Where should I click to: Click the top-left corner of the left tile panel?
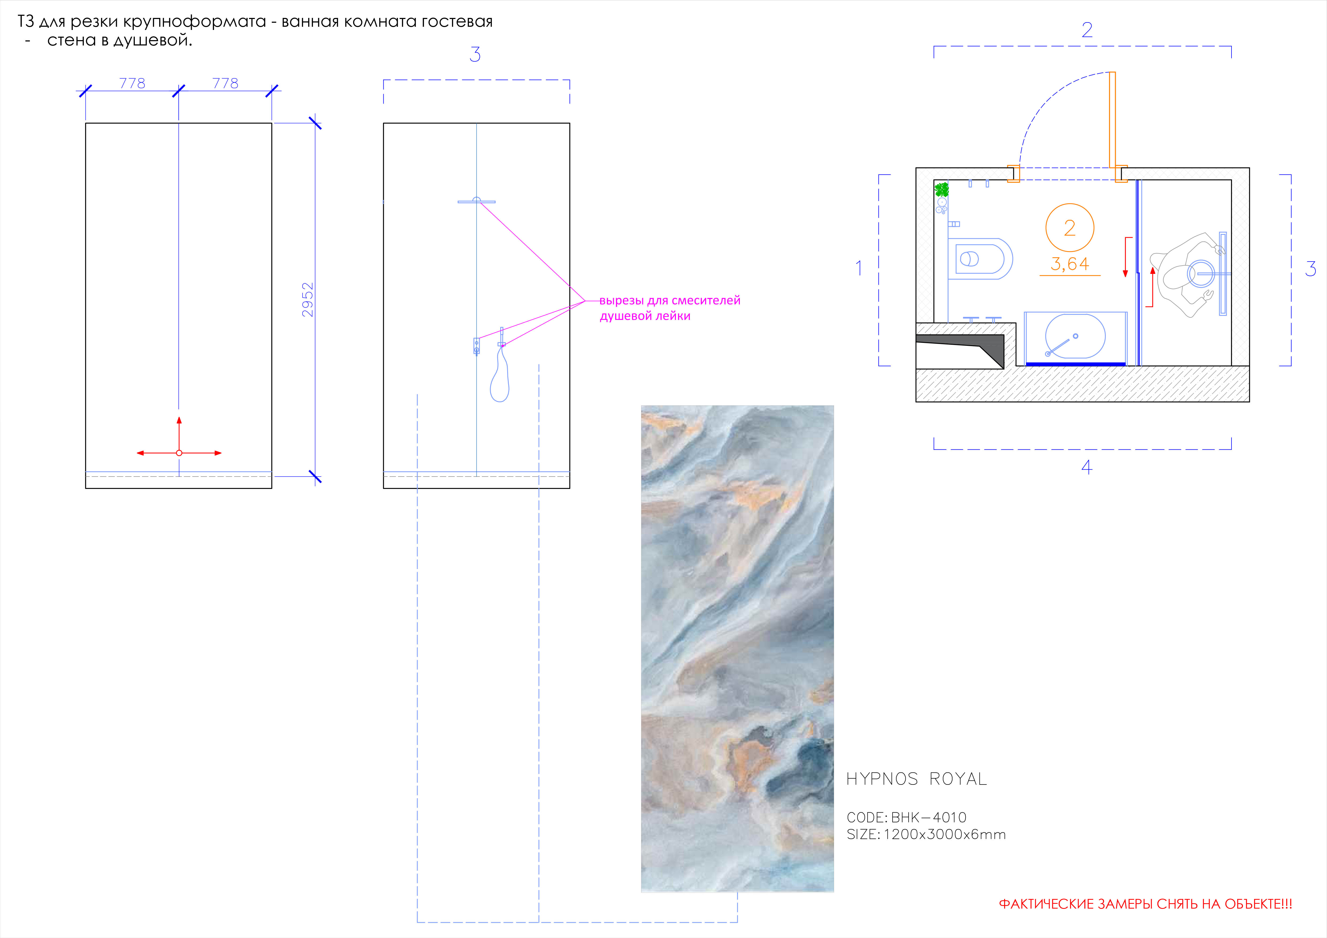click(x=86, y=123)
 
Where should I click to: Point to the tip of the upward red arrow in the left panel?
click(x=179, y=417)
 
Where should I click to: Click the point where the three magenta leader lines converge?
click(x=585, y=301)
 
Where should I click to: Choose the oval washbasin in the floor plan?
click(x=1075, y=336)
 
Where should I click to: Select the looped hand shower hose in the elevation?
click(x=500, y=373)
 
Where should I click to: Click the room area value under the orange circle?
click(x=1070, y=264)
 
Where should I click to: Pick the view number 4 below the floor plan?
click(x=1087, y=467)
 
